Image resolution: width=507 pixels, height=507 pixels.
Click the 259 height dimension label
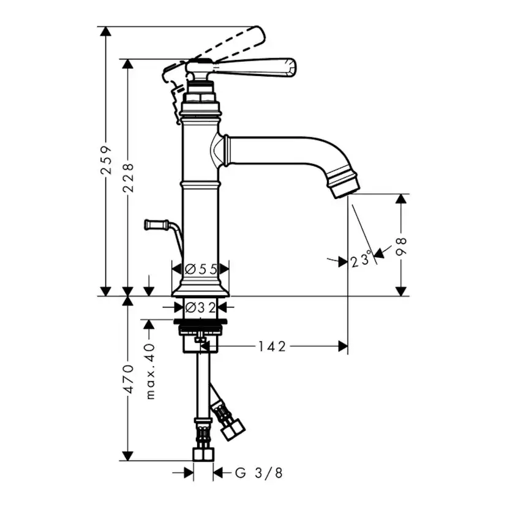click(106, 160)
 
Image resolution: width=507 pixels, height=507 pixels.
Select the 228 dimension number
click(128, 178)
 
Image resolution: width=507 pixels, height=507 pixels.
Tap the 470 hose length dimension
click(129, 379)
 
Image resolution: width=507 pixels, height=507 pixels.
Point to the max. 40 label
click(150, 372)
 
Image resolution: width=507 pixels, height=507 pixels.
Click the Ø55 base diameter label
click(200, 269)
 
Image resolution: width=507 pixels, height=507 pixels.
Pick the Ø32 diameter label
click(200, 307)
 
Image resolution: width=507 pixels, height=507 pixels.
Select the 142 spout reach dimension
click(272, 347)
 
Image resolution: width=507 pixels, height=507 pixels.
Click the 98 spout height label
click(401, 247)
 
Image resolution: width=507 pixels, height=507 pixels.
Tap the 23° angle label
click(360, 260)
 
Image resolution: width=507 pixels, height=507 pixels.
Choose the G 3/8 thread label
click(258, 473)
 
